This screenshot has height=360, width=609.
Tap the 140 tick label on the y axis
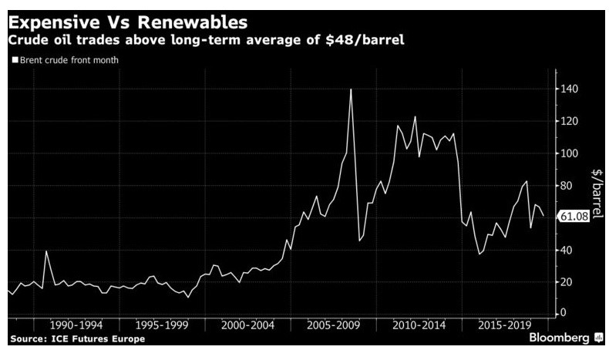pos(568,89)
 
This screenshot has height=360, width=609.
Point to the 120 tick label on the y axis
pos(568,122)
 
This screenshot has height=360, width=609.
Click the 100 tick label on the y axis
pos(568,153)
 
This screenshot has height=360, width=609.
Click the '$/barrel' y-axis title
pos(596,193)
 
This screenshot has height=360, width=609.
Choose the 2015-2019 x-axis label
pos(502,326)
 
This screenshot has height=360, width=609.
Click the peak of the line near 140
pos(351,89)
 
